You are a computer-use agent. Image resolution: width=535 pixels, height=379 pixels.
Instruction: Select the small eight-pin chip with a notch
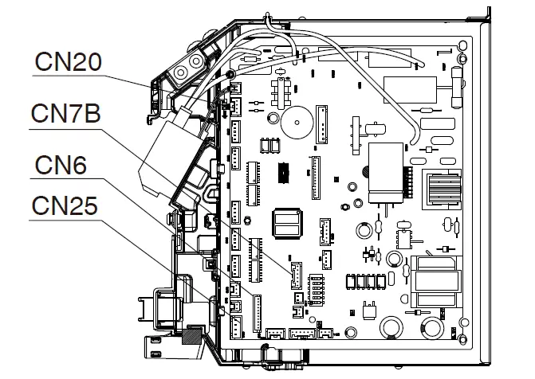point(403,239)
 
